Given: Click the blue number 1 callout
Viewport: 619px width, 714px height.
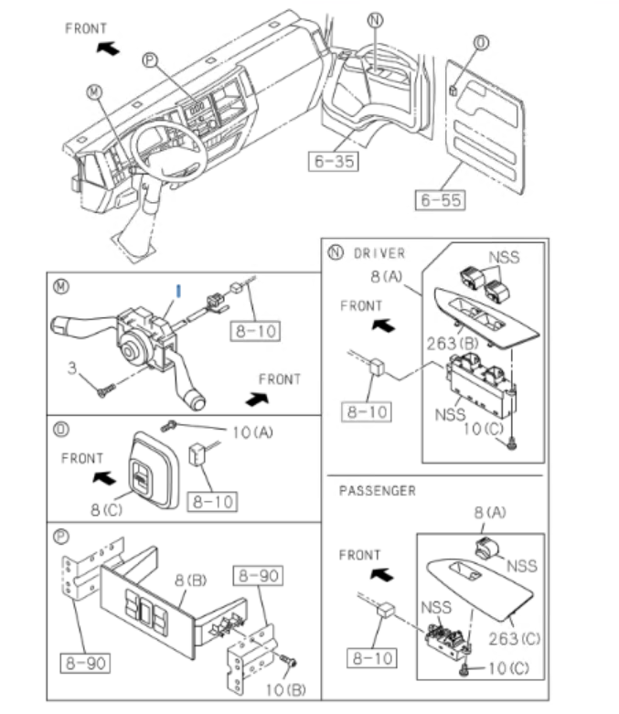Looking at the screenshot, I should click(x=179, y=290).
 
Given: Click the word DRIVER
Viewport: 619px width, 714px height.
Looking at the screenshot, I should click(x=379, y=253).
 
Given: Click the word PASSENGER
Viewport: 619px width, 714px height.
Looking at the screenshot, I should click(x=378, y=491).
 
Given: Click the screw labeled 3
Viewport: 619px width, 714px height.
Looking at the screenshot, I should click(x=102, y=390).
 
